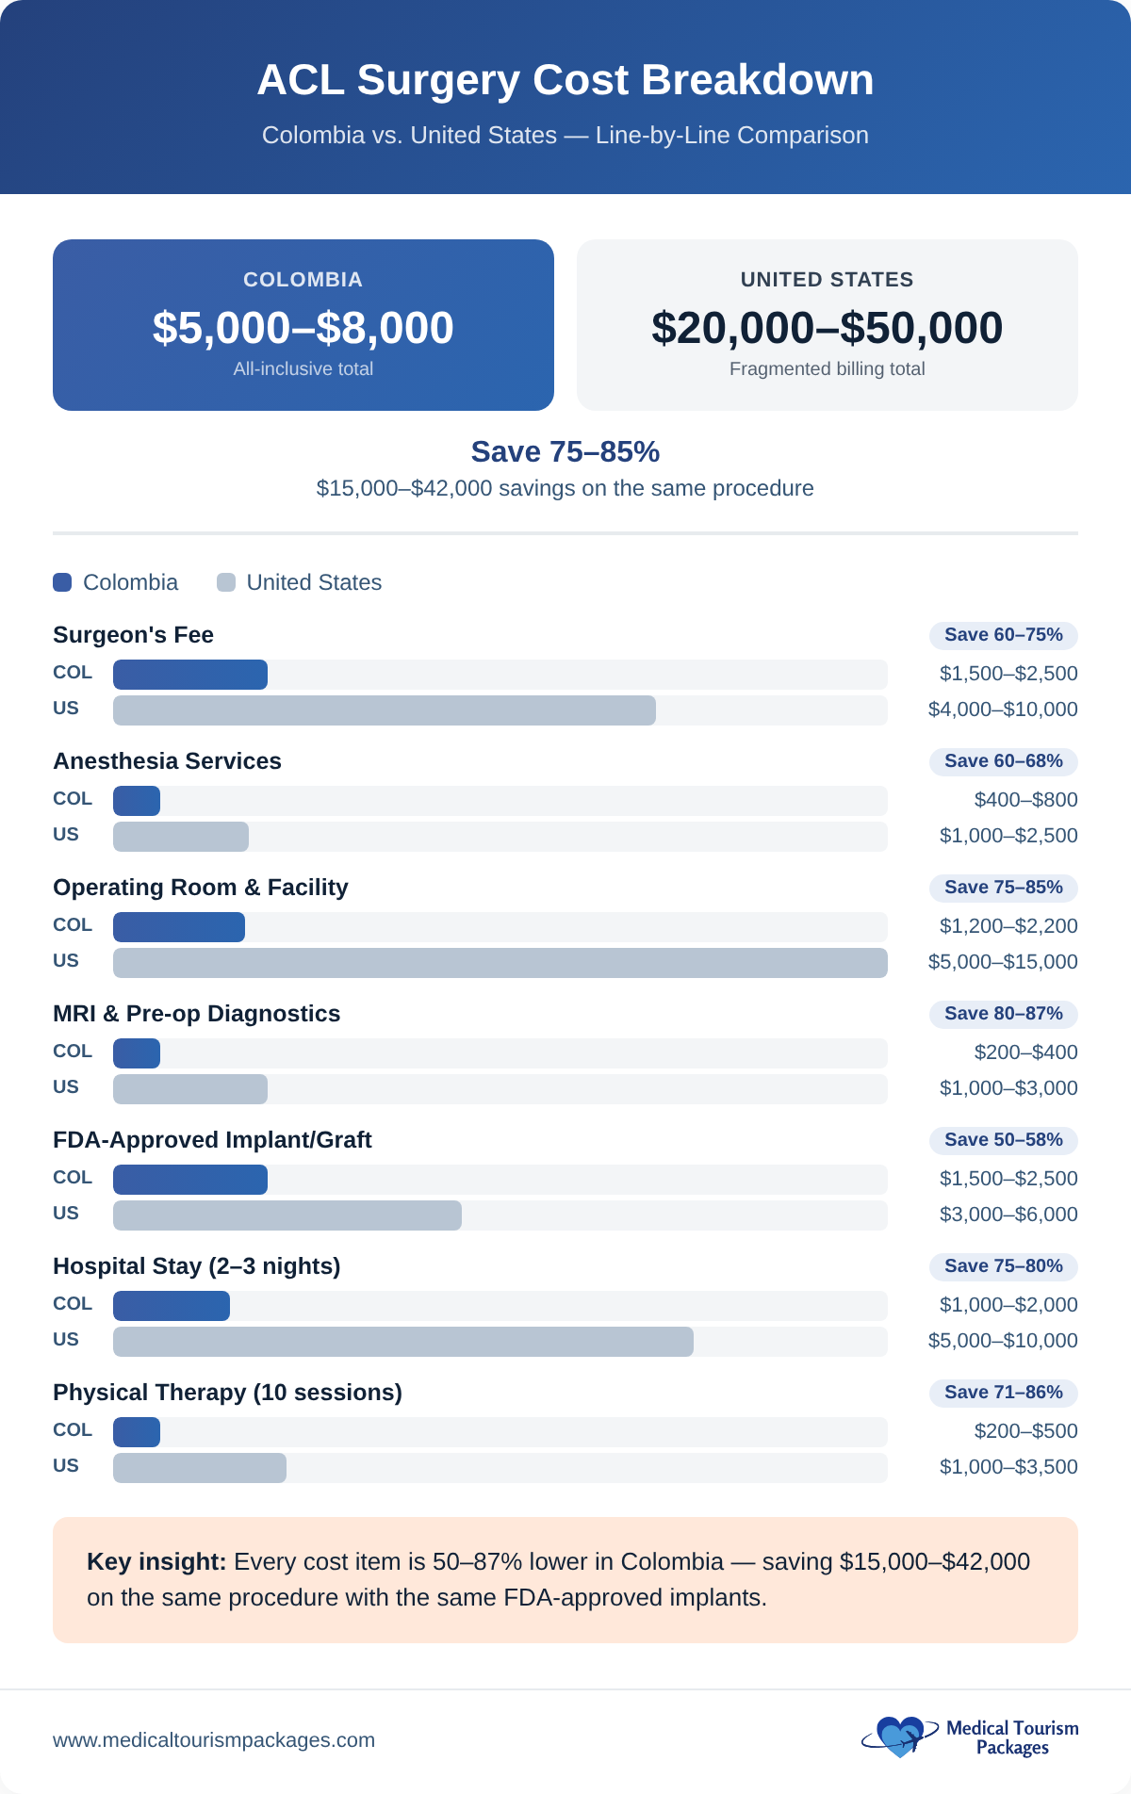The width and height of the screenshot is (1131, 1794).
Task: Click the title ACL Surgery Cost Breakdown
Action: [565, 80]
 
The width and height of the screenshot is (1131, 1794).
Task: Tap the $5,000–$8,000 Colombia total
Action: [303, 328]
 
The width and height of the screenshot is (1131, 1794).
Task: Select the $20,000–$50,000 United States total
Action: [827, 328]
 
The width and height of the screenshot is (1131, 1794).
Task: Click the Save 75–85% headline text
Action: [565, 452]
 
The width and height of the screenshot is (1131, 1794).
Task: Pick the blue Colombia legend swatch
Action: [62, 582]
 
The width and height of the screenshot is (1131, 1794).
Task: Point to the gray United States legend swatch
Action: [226, 582]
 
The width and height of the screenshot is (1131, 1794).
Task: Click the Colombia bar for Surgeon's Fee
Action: [190, 675]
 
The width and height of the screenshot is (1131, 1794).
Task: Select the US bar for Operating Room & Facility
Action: [500, 963]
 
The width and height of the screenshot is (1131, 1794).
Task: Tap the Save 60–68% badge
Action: [1004, 761]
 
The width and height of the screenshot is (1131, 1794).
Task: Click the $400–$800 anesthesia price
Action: [1025, 800]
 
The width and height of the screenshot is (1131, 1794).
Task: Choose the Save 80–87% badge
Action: [1004, 1014]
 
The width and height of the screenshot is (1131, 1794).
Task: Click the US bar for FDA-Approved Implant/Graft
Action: [287, 1215]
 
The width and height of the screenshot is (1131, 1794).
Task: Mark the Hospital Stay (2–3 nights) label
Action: [196, 1266]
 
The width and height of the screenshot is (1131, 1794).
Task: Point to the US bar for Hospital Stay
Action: [403, 1342]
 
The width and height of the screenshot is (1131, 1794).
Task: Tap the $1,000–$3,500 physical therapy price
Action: [1008, 1467]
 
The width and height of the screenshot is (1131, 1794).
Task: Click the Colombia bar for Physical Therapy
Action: [137, 1432]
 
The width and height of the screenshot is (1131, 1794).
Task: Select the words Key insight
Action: [156, 1562]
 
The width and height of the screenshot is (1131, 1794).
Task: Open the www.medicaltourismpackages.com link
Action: [214, 1740]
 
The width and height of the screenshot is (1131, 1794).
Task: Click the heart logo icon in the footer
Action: [899, 1737]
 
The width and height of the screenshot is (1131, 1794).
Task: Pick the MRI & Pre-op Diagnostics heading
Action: [196, 1014]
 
